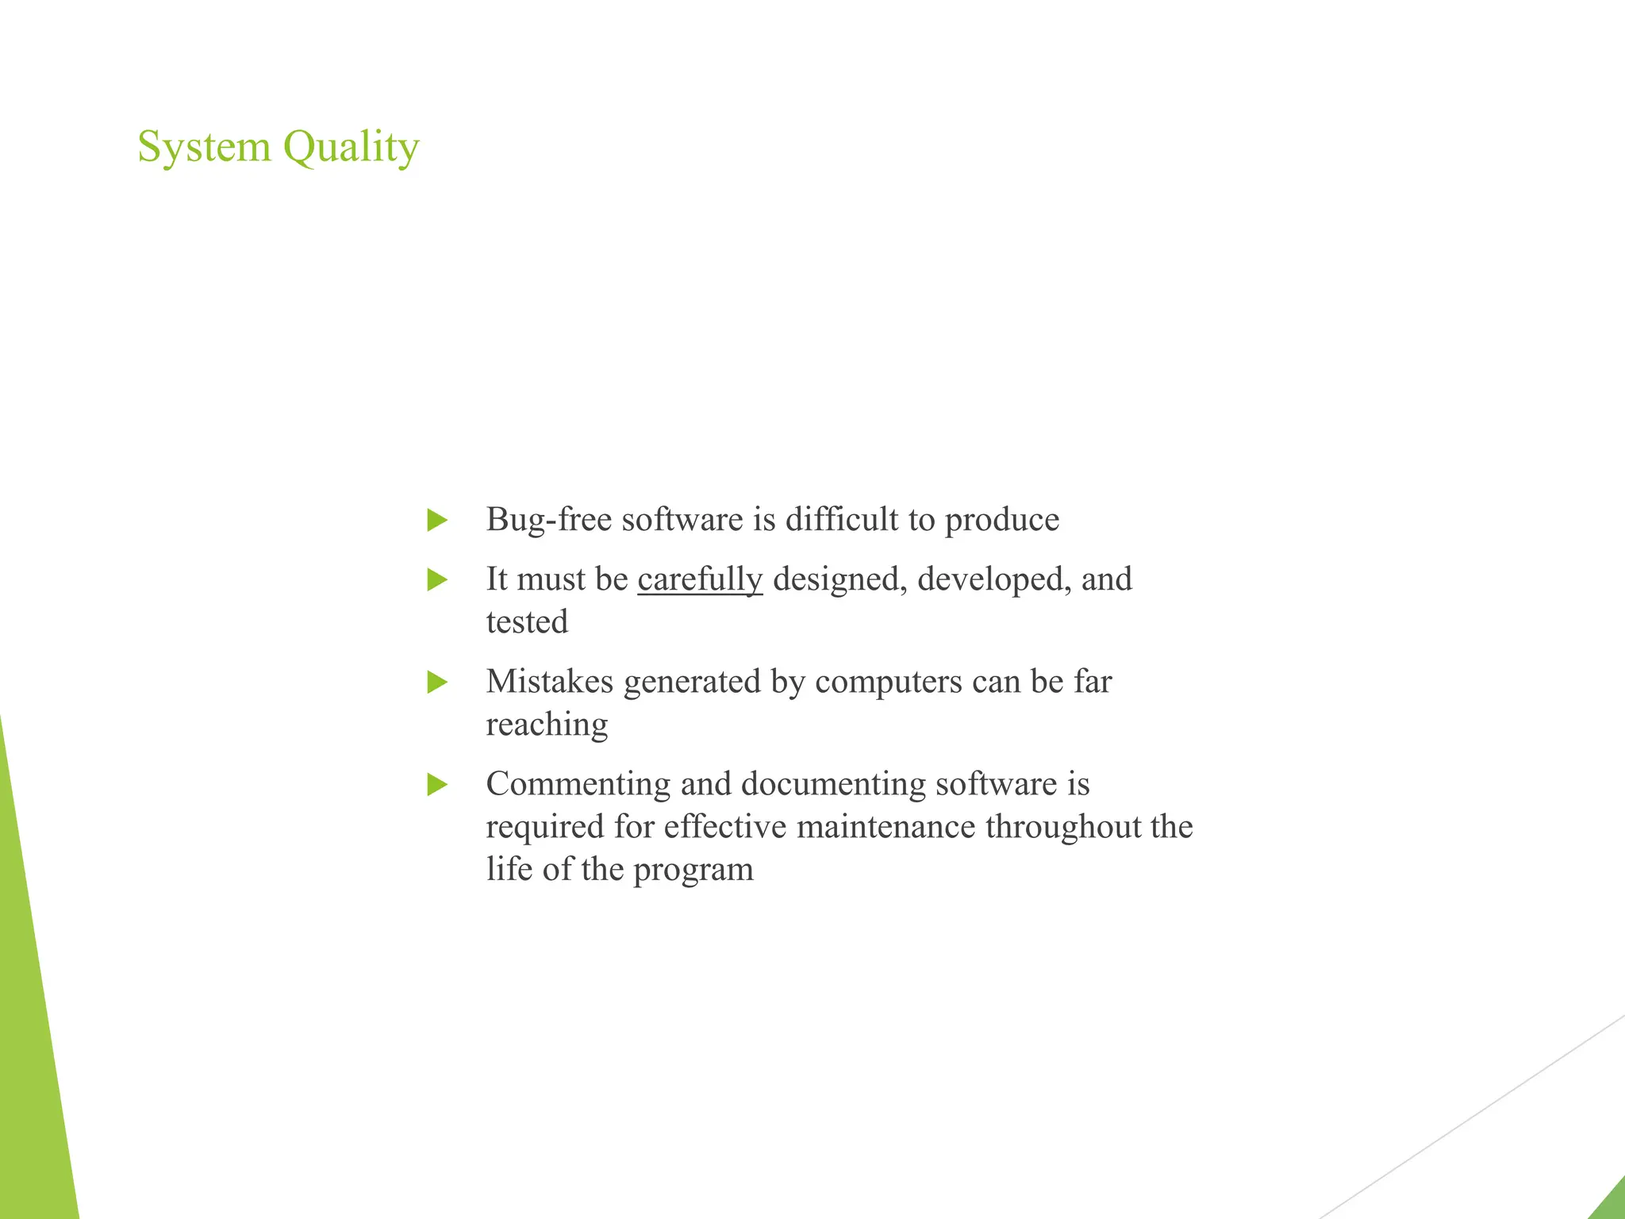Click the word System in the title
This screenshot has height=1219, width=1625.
coord(204,148)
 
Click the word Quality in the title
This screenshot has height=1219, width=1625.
coord(351,148)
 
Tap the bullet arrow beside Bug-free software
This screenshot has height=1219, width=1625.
coord(437,521)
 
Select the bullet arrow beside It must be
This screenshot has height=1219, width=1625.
coord(437,580)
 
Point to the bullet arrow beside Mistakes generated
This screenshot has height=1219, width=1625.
coord(437,683)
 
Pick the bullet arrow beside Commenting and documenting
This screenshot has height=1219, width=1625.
coord(437,785)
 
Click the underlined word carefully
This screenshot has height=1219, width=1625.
coord(700,580)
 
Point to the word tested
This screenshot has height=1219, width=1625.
coord(527,622)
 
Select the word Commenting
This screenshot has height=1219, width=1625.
coord(578,785)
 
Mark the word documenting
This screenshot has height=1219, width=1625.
coord(833,785)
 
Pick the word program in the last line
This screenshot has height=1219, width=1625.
coord(693,871)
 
